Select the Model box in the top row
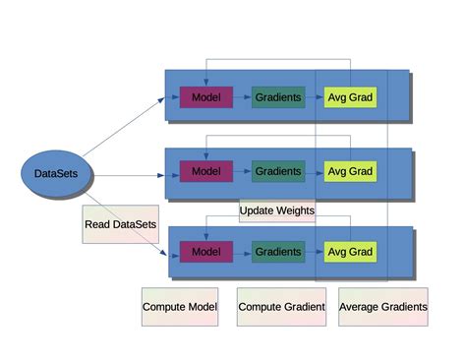point(205,97)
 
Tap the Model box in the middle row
point(205,171)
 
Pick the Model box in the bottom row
point(205,252)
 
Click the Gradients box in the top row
point(277,97)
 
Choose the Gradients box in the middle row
point(277,171)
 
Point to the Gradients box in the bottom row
point(277,252)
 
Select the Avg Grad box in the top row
point(350,97)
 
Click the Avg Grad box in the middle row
point(350,171)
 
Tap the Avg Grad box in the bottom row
point(350,252)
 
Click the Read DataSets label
point(120,224)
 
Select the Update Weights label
point(277,210)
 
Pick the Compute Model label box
point(179,307)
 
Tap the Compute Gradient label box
point(281,307)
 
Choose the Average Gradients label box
point(383,307)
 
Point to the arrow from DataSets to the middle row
point(128,175)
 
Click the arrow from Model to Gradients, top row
point(242,97)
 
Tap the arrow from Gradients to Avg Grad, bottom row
point(315,252)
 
